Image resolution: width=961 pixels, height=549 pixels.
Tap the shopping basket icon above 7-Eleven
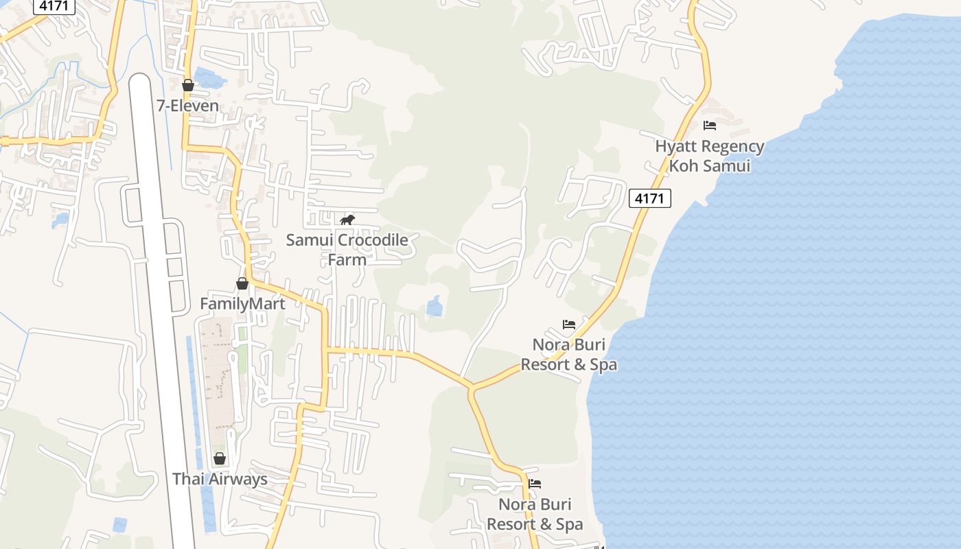click(187, 85)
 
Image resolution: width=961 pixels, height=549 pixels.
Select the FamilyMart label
click(242, 303)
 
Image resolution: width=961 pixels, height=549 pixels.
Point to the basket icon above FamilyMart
click(242, 283)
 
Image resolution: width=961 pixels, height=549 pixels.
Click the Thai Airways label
click(220, 479)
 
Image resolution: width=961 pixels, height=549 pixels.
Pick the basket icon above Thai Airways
click(220, 458)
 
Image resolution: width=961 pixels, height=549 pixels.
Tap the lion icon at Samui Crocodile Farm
click(347, 220)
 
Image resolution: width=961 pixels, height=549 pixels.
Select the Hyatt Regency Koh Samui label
click(709, 156)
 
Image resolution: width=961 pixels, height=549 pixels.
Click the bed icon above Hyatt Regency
click(710, 126)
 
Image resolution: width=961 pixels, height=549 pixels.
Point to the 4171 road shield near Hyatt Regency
click(649, 198)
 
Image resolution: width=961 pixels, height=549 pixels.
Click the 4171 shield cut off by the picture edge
click(54, 5)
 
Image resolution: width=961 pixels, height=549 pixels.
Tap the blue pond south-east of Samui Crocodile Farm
click(435, 306)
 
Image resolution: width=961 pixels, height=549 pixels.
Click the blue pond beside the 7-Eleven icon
click(209, 79)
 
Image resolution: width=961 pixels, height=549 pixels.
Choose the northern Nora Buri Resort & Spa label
click(568, 354)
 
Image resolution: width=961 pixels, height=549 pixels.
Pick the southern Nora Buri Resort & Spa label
click(535, 514)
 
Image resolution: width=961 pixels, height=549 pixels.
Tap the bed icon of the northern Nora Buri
click(568, 324)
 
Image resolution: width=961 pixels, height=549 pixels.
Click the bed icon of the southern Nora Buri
click(535, 484)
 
